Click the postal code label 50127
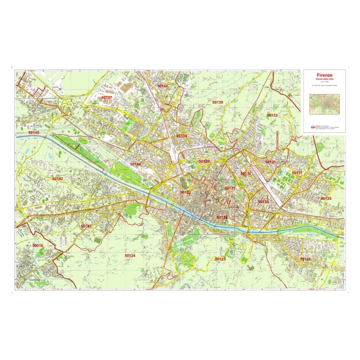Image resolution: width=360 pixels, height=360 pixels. coord(107,97)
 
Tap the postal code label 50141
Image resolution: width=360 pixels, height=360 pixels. coord(162,85)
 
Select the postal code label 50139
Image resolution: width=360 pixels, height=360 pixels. coord(218,103)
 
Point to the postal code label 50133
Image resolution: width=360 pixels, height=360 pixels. coord(272,116)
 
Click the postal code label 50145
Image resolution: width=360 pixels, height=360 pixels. coord(34,133)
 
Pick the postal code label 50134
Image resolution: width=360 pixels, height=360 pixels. coord(181,135)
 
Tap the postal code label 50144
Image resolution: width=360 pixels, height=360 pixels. coord(135,164)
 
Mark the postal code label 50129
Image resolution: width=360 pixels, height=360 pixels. coord(204,161)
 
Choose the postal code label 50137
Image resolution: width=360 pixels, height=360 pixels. coord(297,173)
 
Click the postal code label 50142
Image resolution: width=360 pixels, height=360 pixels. coord(58,179)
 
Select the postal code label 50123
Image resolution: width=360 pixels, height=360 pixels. coord(186,192)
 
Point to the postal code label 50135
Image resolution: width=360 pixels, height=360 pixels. coord(326,198)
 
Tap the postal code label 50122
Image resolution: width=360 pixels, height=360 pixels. coord(222,217)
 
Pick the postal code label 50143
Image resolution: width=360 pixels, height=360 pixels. coord(86,226)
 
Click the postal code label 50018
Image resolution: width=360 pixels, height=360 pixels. coord(38,245)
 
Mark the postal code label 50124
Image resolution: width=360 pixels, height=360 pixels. coord(130,256)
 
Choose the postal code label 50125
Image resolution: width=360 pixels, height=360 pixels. coord(220,259)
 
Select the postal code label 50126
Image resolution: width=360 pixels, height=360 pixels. coord(306,259)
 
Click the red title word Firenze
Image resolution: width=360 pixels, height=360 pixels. coord(324,75)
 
